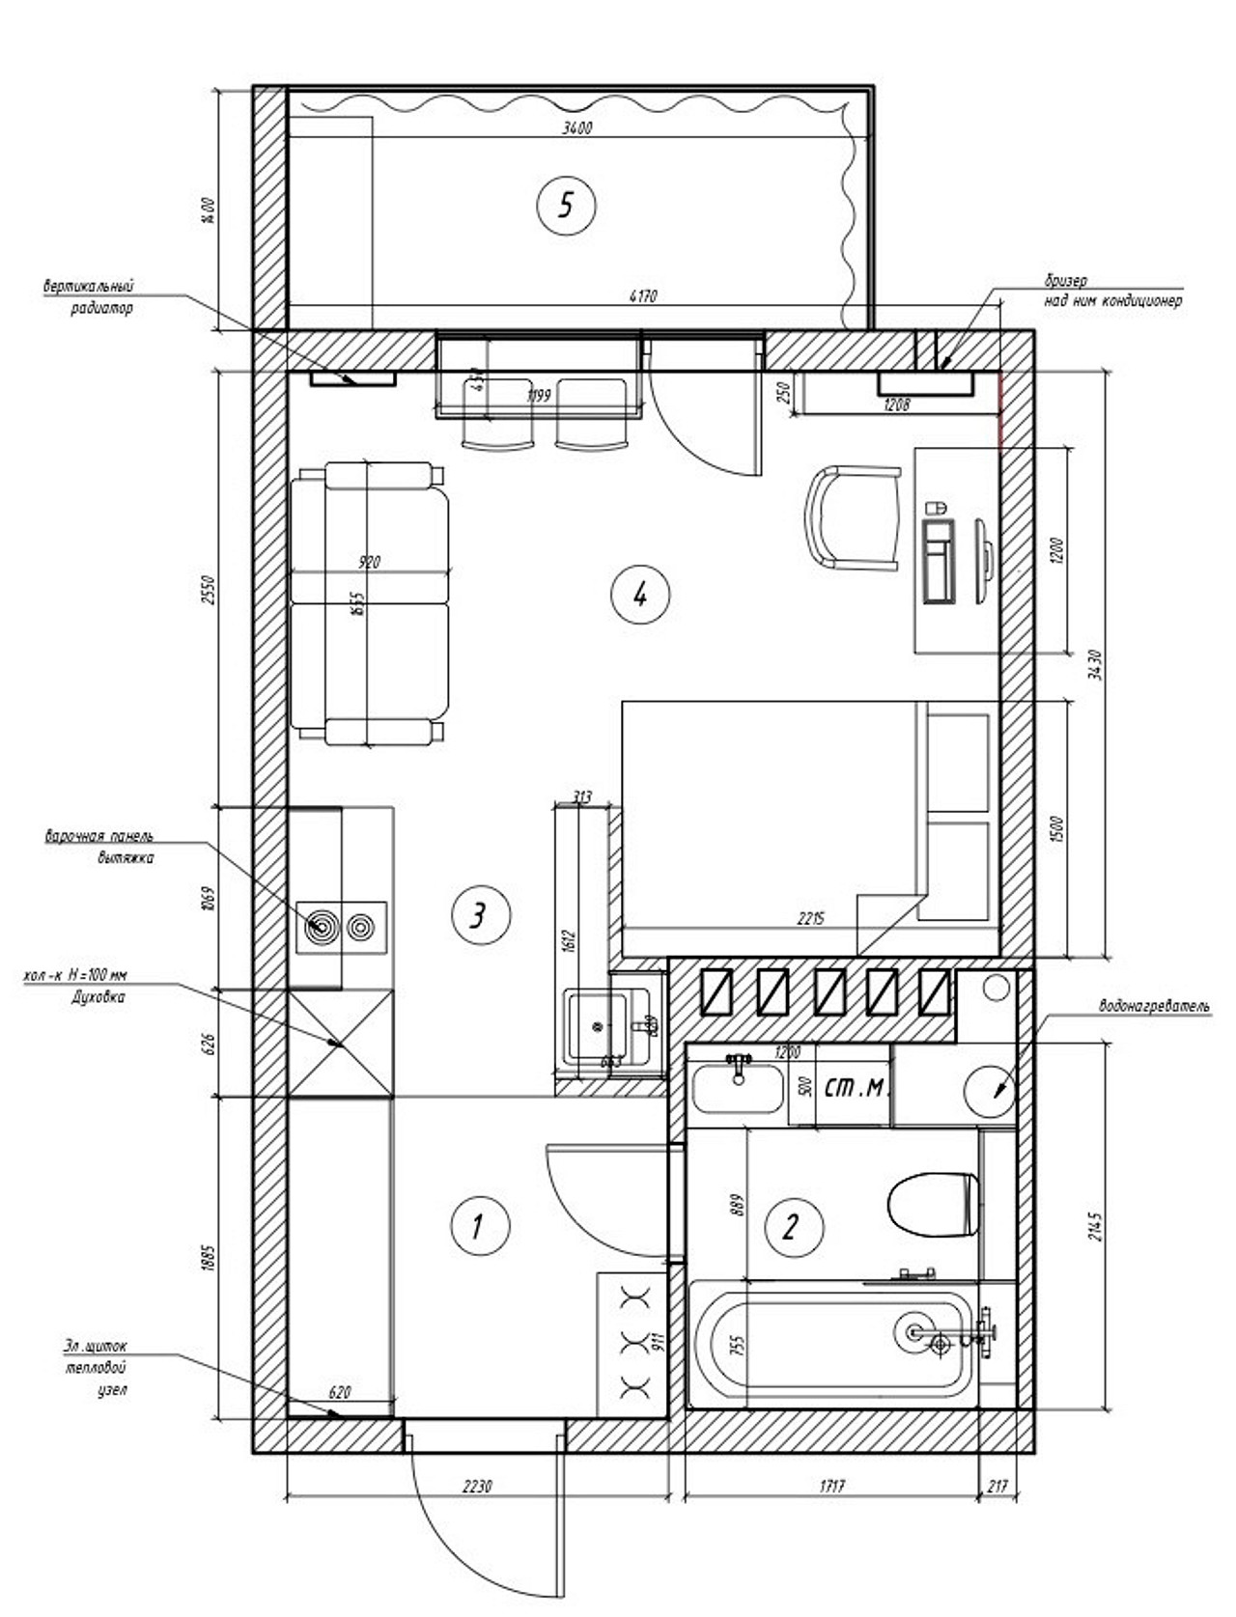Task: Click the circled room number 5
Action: point(566,205)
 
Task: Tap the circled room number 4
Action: point(639,595)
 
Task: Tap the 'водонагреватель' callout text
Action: point(1154,1007)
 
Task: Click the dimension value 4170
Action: point(642,296)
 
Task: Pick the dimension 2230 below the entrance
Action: point(477,1486)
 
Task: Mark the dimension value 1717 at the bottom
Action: point(831,1486)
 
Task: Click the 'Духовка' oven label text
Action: point(98,998)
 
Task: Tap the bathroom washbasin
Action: point(739,1088)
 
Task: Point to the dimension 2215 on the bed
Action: point(811,919)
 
